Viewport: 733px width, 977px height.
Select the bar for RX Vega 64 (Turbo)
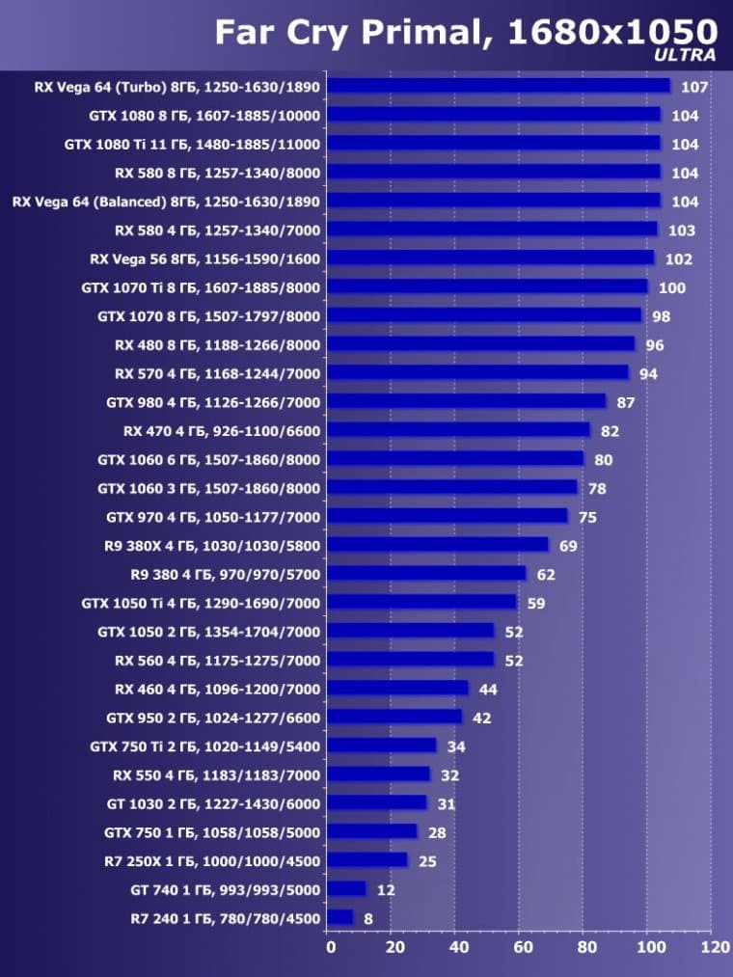pos(499,86)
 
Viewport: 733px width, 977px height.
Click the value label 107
pos(694,87)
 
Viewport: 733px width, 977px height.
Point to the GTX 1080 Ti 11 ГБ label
pos(192,144)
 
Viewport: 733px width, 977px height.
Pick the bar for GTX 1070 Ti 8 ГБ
pos(488,287)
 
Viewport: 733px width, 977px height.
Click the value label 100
pos(672,288)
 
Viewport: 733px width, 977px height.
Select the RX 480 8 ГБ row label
pos(217,344)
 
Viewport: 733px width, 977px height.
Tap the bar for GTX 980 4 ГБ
pos(467,401)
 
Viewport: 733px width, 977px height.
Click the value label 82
pos(610,431)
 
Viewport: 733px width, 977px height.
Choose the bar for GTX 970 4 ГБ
pos(448,516)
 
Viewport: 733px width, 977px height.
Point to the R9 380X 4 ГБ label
pos(212,545)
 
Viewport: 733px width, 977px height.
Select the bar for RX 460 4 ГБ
pos(398,688)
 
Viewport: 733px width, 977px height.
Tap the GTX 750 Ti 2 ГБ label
pos(204,746)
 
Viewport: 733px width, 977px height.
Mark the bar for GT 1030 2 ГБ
pos(377,802)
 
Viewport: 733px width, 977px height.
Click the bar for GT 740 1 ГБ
pos(347,888)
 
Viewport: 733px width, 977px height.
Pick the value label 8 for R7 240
pos(368,918)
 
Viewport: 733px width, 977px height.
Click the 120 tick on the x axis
pos(715,948)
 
